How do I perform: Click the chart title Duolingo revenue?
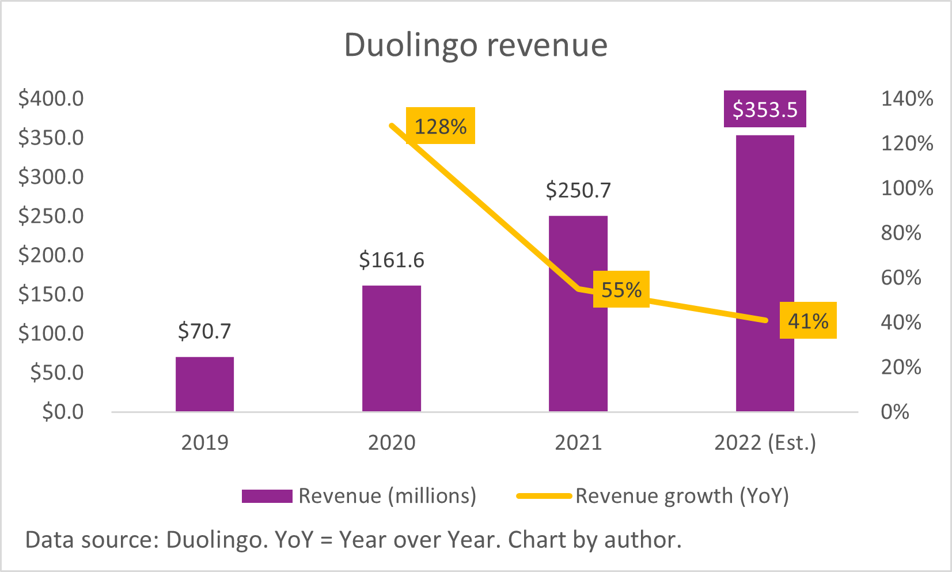click(x=476, y=45)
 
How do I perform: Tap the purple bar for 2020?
click(x=391, y=348)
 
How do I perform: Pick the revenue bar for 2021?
click(x=578, y=313)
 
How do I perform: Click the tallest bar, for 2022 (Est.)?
click(x=764, y=273)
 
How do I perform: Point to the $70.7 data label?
click(x=204, y=331)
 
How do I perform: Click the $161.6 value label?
click(x=391, y=260)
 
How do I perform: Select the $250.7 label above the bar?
click(x=578, y=190)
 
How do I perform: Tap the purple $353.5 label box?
click(x=764, y=109)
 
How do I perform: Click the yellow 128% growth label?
click(x=441, y=126)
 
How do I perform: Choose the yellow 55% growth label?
click(x=621, y=289)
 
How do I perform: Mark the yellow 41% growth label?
click(x=807, y=320)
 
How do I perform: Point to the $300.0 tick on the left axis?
click(x=51, y=177)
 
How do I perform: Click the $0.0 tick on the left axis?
click(x=63, y=412)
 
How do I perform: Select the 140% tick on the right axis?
click(x=907, y=99)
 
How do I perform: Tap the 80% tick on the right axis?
click(x=901, y=233)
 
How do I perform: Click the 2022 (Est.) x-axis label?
click(x=764, y=442)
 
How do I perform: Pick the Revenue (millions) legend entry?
click(x=359, y=496)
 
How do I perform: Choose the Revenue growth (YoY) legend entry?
click(x=653, y=496)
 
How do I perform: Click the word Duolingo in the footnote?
click(x=214, y=540)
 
